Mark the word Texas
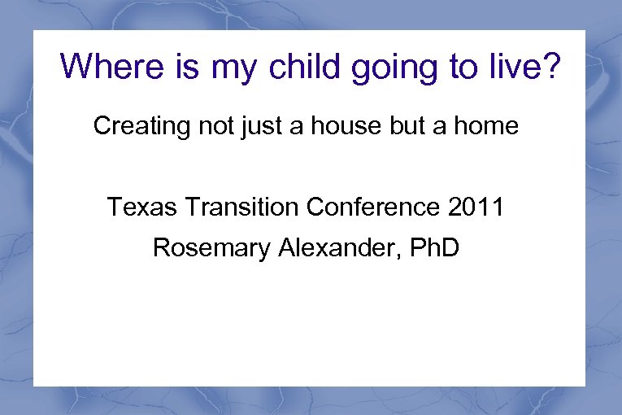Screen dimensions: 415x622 (137, 207)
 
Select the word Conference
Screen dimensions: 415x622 (374, 207)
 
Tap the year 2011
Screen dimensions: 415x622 (476, 207)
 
